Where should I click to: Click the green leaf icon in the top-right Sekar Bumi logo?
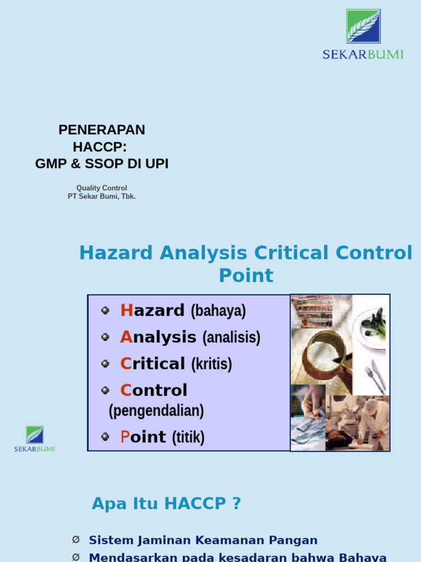point(363,26)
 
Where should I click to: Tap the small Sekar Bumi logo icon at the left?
point(35,435)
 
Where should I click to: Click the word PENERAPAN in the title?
point(101,130)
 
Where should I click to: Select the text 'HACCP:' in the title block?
point(101,147)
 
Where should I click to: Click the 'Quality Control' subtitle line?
point(101,188)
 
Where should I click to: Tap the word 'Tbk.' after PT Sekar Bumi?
point(128,196)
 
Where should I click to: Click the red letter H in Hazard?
point(126,311)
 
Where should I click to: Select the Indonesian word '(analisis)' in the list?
point(231,338)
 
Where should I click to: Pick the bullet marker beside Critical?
point(105,364)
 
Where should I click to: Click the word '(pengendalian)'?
point(156,411)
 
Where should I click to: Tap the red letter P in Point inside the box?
point(124,437)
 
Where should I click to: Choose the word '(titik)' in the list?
point(188,437)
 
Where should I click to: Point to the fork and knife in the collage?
point(375,375)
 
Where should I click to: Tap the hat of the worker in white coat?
point(371,405)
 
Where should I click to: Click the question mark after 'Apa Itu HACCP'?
point(236,503)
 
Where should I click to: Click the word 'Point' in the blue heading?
point(246,276)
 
